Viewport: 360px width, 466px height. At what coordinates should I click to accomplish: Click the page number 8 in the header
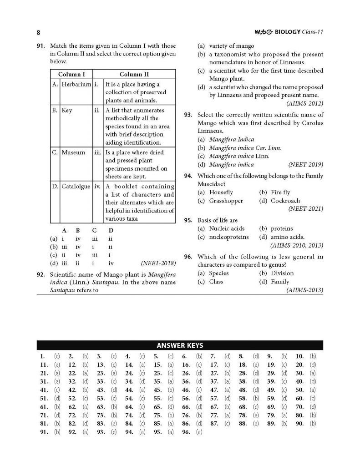[38, 32]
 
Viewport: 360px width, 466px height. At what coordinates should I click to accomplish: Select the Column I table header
[71, 74]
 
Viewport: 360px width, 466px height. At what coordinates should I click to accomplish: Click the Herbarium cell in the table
[76, 84]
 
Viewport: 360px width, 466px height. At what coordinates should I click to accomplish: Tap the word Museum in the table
[73, 152]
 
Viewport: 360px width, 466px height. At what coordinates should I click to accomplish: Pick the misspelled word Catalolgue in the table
[76, 186]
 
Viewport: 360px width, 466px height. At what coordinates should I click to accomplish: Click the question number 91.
[41, 46]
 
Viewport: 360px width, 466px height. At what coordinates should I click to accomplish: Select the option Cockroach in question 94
[285, 201]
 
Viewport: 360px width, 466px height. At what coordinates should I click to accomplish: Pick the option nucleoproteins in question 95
[229, 237]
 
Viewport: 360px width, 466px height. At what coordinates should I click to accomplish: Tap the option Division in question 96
[282, 273]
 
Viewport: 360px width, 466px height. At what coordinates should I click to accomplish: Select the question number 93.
[189, 115]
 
